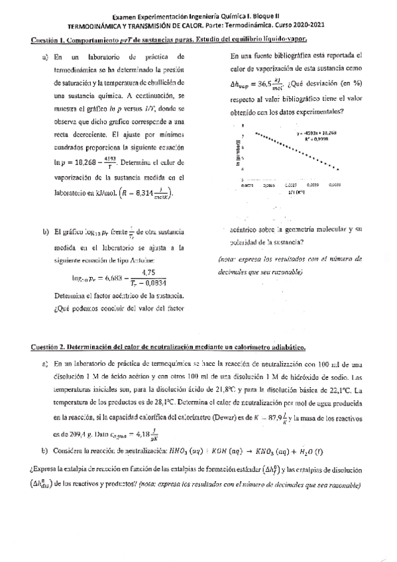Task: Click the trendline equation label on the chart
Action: [317, 133]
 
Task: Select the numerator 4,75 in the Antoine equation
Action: [148, 272]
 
